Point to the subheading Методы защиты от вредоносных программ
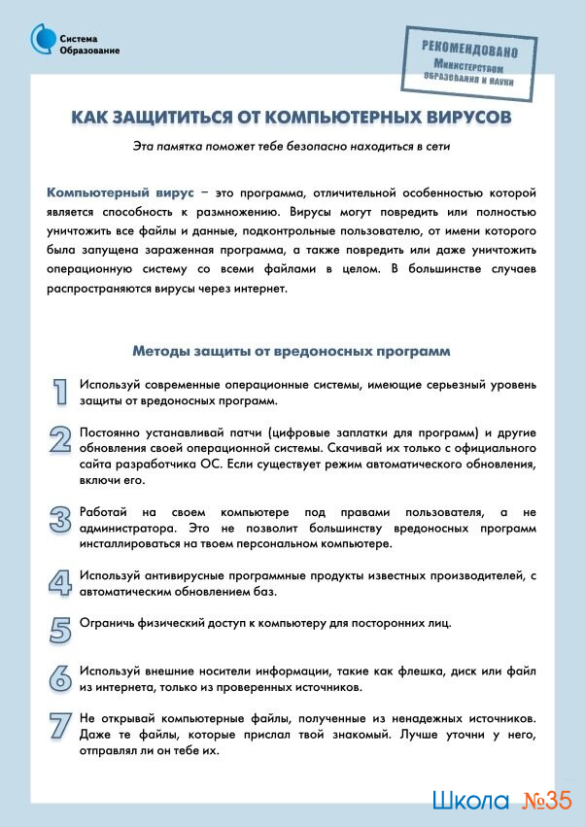tap(291, 350)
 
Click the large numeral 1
tap(60, 391)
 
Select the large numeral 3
tap(60, 518)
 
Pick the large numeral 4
tap(60, 581)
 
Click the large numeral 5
tap(60, 629)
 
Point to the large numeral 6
tap(60, 677)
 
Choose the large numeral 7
tap(60, 726)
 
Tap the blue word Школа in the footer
tap(470, 802)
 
